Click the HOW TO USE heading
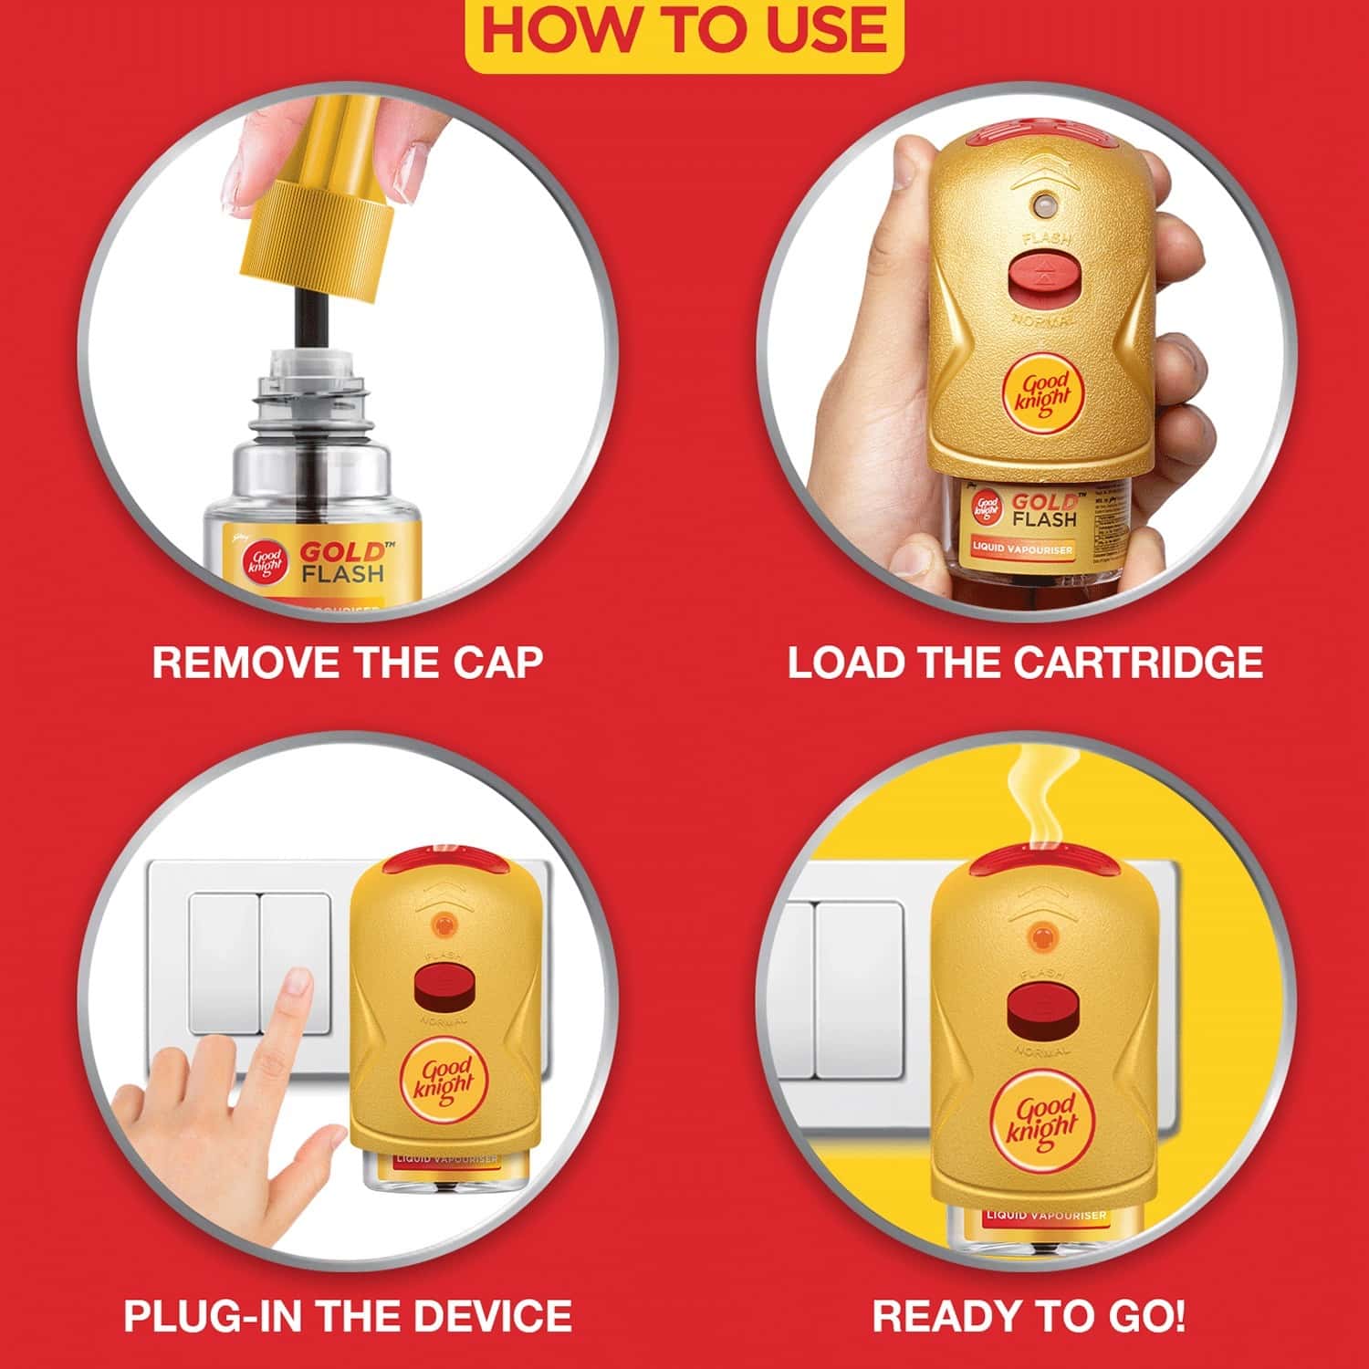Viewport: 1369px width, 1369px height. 684,29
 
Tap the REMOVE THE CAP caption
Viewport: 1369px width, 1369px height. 347,663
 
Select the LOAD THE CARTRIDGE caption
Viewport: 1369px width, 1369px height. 1025,663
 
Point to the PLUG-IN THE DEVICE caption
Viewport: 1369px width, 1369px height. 348,1316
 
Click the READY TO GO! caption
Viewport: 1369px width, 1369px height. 1029,1316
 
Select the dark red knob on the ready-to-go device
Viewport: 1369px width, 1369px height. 1039,1014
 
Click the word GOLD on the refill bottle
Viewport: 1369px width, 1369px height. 341,552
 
